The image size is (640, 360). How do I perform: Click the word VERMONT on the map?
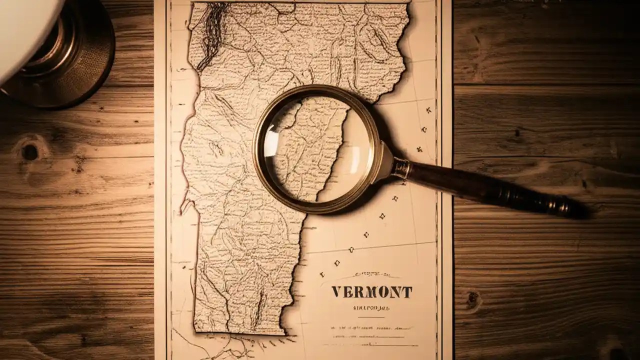(371, 292)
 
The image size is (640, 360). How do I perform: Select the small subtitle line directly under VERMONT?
(371, 308)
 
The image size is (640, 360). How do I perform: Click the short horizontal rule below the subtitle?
(371, 317)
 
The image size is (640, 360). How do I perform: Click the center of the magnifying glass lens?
(316, 148)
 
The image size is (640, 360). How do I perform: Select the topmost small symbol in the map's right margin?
(428, 109)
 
